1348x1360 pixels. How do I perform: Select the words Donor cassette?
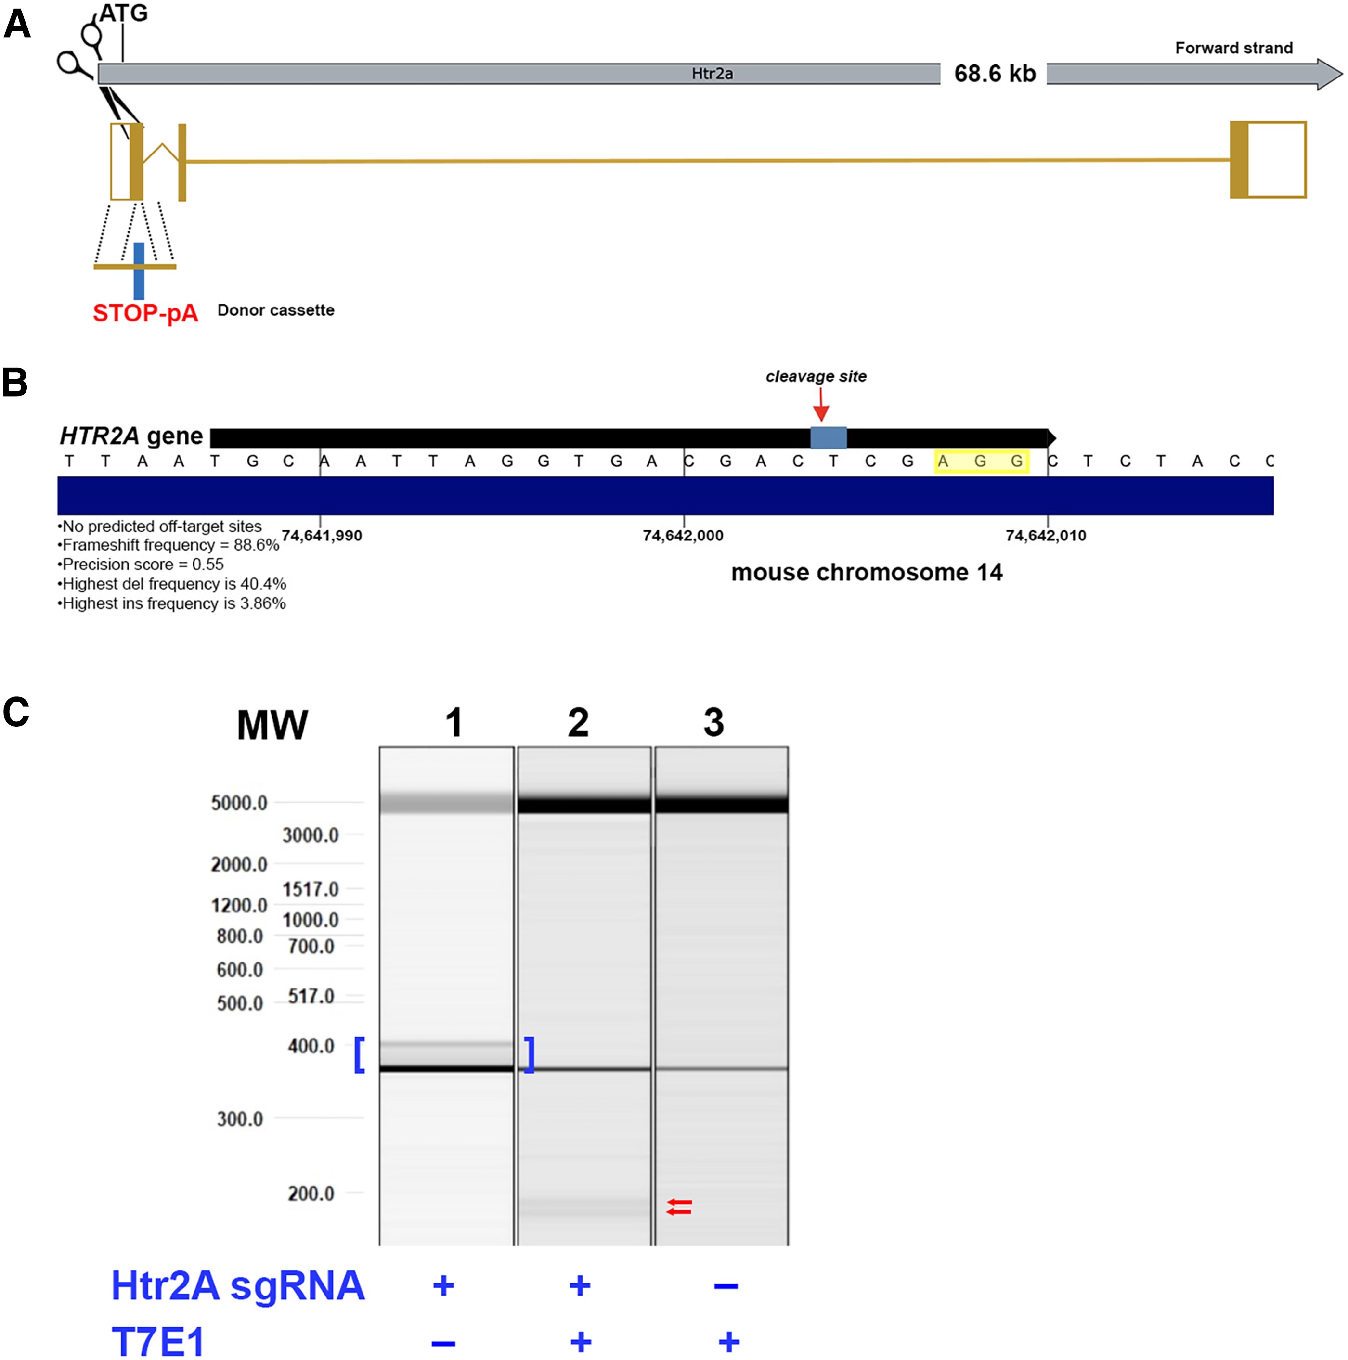(x=275, y=310)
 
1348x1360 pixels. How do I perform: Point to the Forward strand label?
(x=1233, y=48)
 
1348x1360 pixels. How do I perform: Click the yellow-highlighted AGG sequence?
(x=981, y=462)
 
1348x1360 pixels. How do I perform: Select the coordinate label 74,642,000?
(x=683, y=536)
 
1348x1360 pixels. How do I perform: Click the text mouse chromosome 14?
(x=866, y=572)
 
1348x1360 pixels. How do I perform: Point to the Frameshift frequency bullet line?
(x=168, y=545)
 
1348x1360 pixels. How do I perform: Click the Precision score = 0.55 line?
(x=141, y=565)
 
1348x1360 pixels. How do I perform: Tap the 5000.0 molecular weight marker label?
(x=239, y=803)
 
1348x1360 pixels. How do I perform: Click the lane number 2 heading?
(x=578, y=723)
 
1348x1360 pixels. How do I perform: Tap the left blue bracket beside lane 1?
(x=359, y=1054)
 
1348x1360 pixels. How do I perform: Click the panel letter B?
(x=15, y=384)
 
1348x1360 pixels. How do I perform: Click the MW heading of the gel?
(x=272, y=725)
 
